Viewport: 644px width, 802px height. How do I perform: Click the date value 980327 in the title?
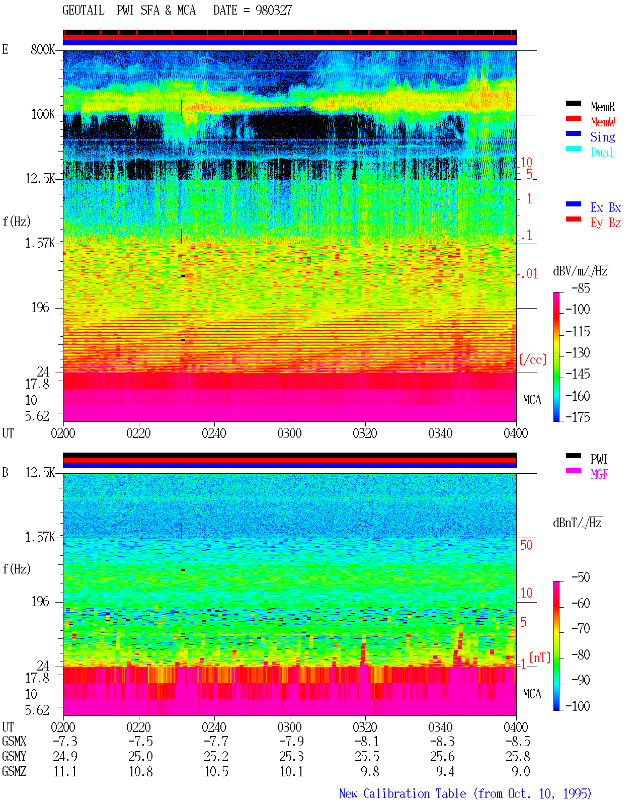point(273,10)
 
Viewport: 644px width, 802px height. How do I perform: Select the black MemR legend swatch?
point(573,103)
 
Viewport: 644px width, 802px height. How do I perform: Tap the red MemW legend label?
point(603,122)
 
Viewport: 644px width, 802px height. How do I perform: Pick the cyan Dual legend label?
point(602,152)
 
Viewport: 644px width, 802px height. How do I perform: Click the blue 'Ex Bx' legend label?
point(606,207)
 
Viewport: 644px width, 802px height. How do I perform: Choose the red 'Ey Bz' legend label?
point(606,223)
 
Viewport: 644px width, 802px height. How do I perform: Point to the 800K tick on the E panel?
point(43,49)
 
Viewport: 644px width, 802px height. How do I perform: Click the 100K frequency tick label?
point(43,114)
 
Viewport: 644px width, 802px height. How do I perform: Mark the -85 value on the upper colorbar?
point(581,288)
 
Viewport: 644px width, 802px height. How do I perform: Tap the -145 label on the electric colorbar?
point(578,374)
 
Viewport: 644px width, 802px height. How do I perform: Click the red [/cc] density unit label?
point(533,359)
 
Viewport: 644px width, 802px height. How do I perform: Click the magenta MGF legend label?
point(599,474)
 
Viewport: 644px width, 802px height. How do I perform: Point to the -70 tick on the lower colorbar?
point(581,629)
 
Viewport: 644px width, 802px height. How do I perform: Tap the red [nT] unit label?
point(540,658)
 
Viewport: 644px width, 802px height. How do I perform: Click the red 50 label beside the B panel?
point(526,545)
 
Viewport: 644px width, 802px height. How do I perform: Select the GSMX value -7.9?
point(292,741)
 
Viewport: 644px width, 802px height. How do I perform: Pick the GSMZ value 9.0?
point(521,771)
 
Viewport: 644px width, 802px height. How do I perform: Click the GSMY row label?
point(14,756)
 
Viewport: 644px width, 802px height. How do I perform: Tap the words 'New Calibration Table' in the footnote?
point(403,793)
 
